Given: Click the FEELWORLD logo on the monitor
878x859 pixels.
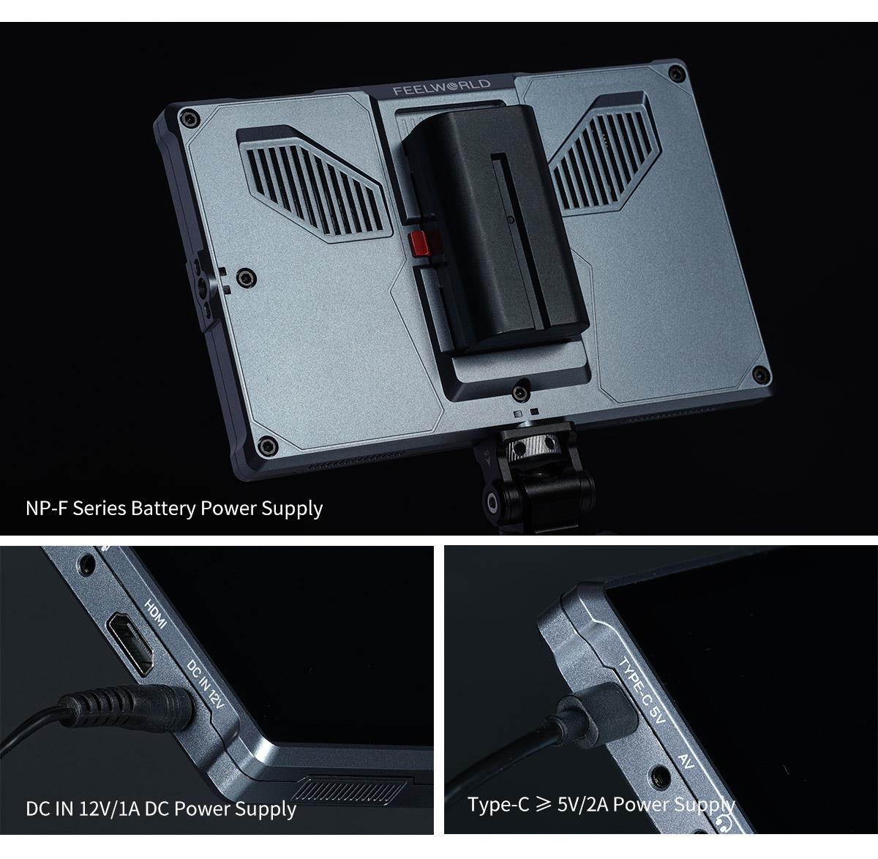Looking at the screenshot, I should click(x=441, y=90).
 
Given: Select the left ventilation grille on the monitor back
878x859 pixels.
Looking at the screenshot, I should click(x=311, y=182).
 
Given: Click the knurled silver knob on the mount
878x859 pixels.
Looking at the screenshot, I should click(x=524, y=446).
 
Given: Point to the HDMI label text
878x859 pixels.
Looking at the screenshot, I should click(x=156, y=613).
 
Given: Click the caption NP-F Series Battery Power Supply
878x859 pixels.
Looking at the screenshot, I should click(x=174, y=508).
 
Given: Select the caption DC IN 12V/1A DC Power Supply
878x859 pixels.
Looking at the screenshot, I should click(x=161, y=809).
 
